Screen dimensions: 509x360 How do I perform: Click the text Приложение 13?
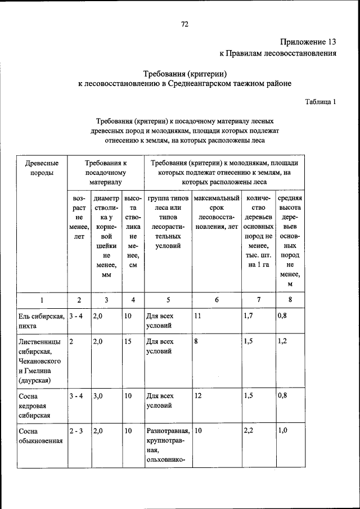point(308,42)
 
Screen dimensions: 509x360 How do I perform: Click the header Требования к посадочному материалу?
point(105,172)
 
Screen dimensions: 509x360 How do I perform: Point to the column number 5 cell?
point(168,300)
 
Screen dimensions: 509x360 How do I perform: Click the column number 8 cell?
point(290,300)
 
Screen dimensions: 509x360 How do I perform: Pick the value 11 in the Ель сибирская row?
point(197,316)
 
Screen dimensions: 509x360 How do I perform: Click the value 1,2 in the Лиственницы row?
point(282,341)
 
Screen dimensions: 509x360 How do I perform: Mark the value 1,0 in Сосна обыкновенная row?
point(282,431)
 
